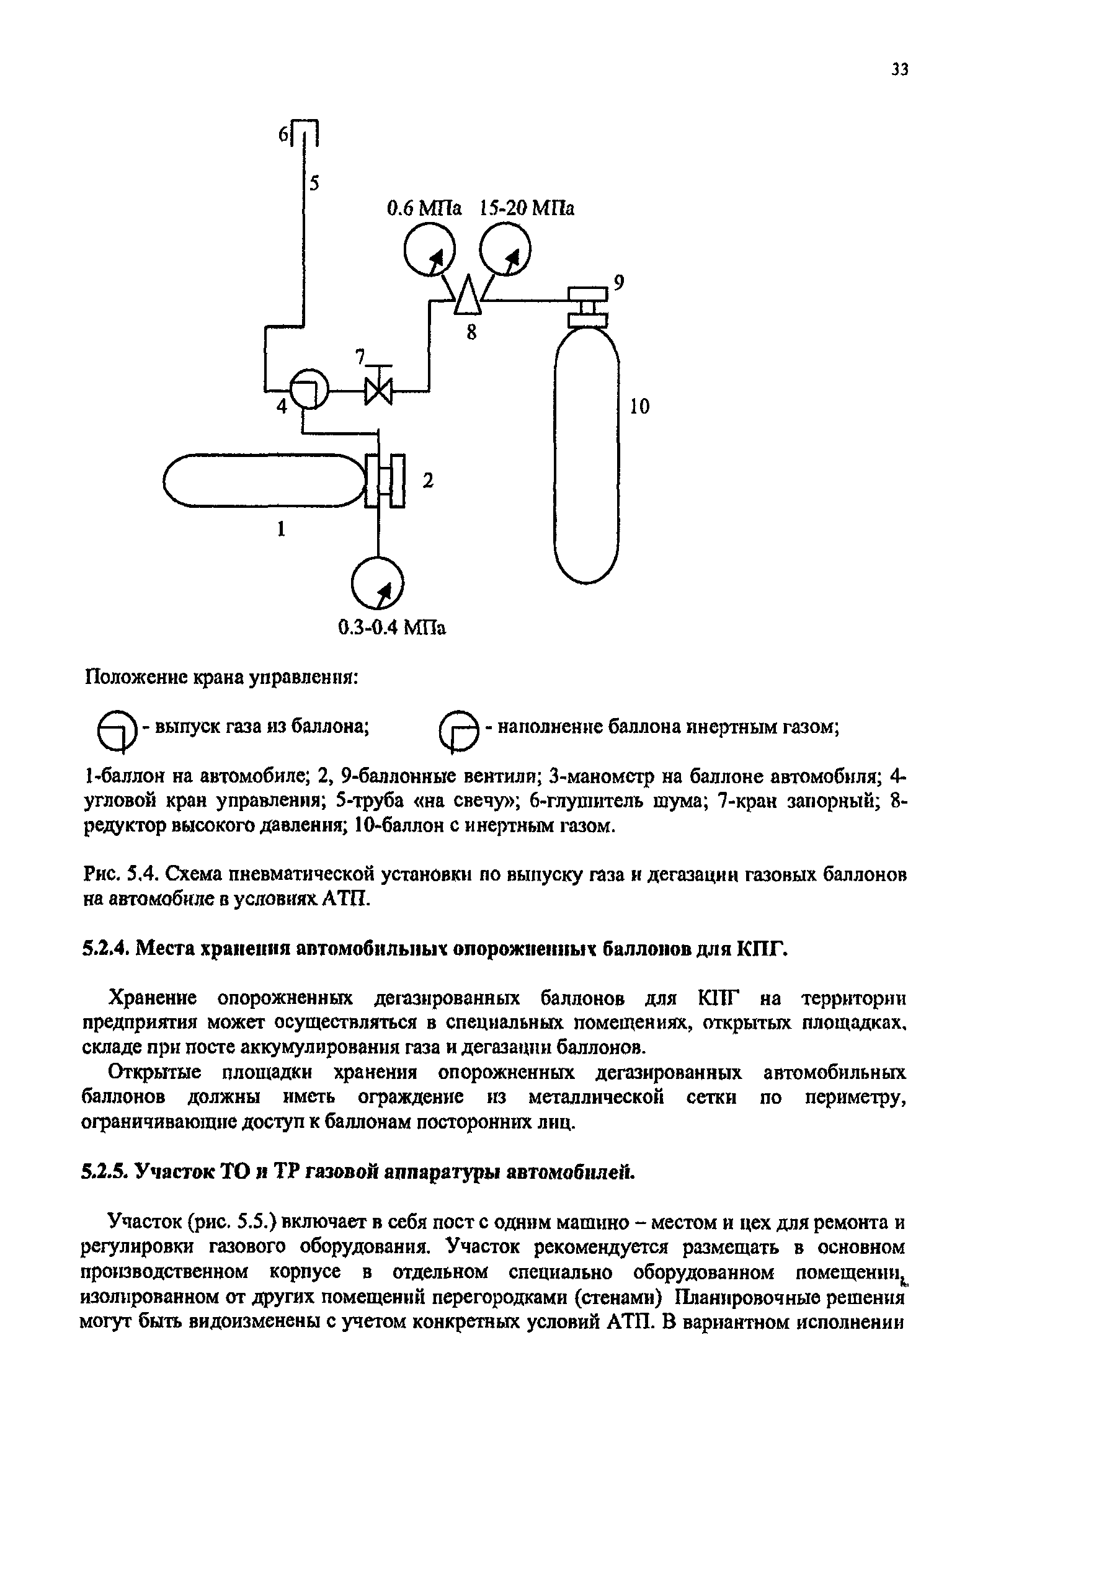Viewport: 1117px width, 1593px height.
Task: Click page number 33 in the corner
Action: pyautogui.click(x=899, y=69)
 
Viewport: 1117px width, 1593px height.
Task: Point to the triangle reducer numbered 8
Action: pyautogui.click(x=468, y=295)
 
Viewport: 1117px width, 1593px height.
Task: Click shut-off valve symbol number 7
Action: pyautogui.click(x=378, y=391)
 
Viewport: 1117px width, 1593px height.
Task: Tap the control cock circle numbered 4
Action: pyautogui.click(x=309, y=389)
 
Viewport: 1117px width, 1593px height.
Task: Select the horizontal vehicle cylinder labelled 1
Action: pyautogui.click(x=264, y=479)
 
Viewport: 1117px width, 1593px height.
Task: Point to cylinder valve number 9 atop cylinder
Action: pyautogui.click(x=587, y=305)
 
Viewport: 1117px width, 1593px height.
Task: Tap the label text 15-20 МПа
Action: pyautogui.click(x=527, y=208)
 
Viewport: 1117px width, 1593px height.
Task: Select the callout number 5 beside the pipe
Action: pyautogui.click(x=314, y=184)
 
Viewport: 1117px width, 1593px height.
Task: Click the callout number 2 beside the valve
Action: pyautogui.click(x=428, y=480)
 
